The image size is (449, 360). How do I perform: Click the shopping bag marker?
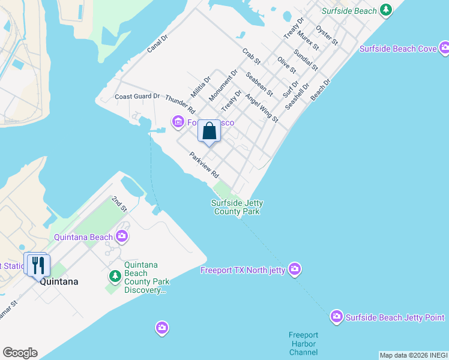point(209,131)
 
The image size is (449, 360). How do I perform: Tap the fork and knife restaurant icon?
point(38,265)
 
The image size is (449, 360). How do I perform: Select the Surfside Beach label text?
point(349,11)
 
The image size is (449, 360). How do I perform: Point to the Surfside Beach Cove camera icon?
point(444,48)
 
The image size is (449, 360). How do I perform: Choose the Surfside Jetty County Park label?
point(237,207)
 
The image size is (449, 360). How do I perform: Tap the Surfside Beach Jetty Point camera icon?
point(336,316)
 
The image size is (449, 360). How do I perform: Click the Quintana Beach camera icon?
point(122,236)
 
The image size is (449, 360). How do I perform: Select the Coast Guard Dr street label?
point(137,96)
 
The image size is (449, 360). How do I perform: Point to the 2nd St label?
point(119,204)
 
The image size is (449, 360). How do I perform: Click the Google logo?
point(20,353)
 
